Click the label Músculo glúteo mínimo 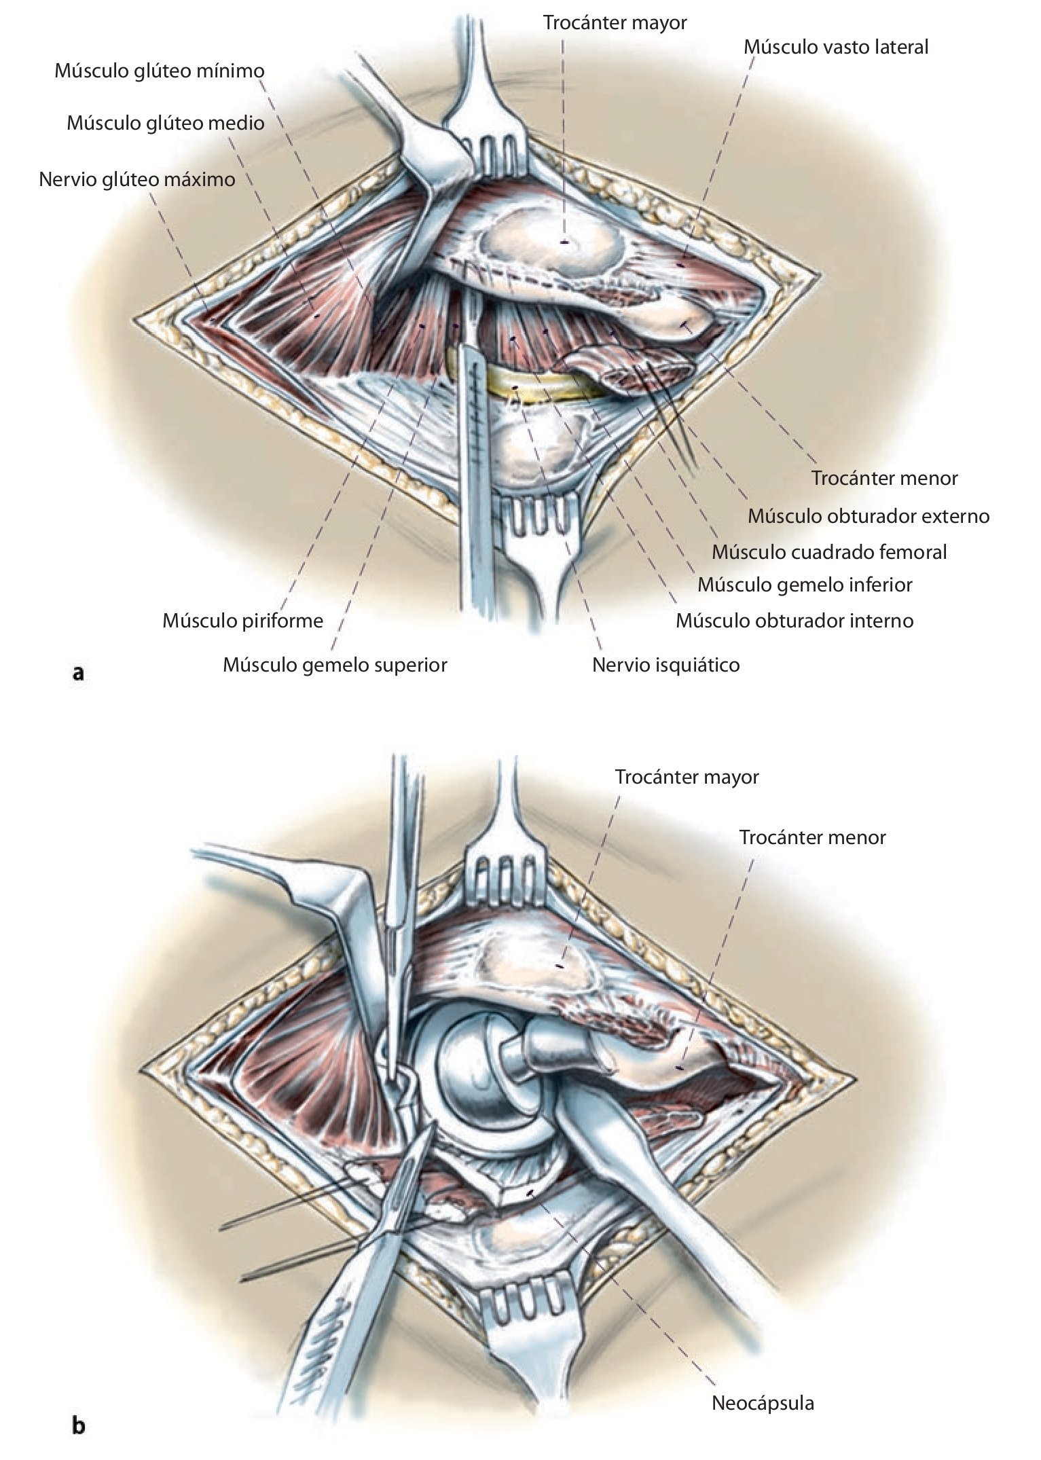click(x=160, y=71)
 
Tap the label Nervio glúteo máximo click(x=137, y=179)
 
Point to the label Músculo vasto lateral click(x=835, y=47)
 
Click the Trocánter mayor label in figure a click(x=615, y=22)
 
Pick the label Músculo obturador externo click(x=869, y=516)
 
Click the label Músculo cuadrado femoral click(x=829, y=552)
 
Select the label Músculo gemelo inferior click(x=805, y=585)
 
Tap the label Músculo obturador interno click(x=795, y=620)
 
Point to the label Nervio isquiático click(x=665, y=664)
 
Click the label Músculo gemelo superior click(x=335, y=664)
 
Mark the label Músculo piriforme click(x=242, y=621)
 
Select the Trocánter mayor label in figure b click(x=687, y=777)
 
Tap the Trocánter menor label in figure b click(x=812, y=837)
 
